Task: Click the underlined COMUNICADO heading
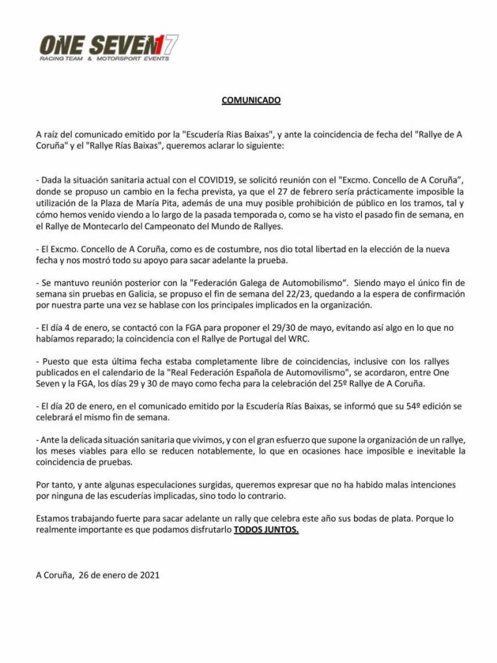251,101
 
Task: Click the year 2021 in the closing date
148,574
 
